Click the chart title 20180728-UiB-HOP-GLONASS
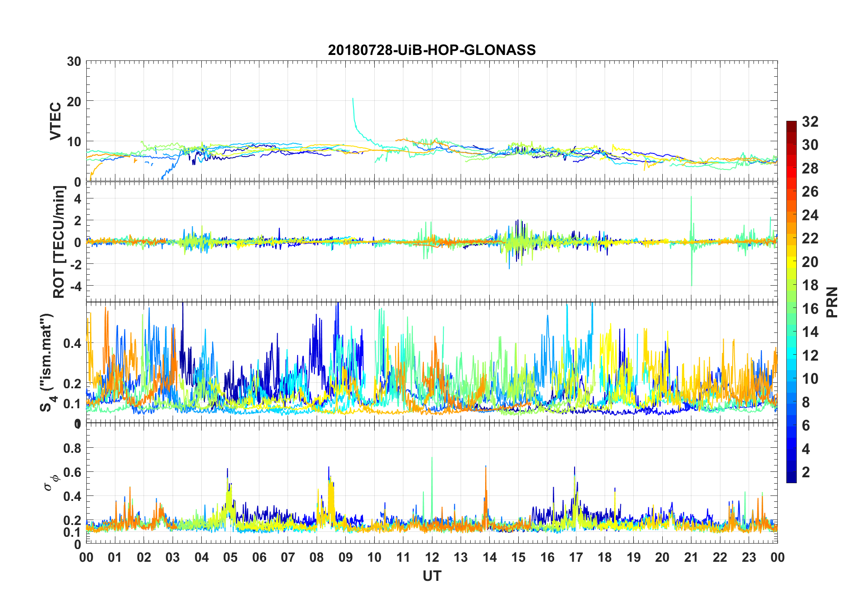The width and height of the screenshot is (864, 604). (432, 50)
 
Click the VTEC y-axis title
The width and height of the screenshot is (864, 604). (55, 121)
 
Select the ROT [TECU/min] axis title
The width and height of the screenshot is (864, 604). (59, 242)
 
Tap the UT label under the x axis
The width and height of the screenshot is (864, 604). (432, 576)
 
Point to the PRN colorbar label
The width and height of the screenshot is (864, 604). (832, 302)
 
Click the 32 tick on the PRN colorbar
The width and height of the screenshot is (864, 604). (810, 122)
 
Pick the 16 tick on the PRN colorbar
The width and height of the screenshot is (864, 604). (810, 309)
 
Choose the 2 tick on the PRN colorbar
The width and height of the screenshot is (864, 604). (806, 472)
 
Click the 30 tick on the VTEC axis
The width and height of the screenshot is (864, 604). (74, 62)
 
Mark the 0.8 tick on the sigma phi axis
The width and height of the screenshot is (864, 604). (73, 448)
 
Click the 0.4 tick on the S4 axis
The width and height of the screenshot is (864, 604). (73, 343)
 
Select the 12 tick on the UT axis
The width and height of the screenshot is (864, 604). (432, 557)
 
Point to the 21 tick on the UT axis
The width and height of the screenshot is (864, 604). (691, 557)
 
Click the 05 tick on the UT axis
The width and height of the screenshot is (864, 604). (230, 557)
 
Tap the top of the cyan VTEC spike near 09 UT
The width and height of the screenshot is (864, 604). (353, 98)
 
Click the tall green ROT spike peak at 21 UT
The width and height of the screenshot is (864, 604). (691, 197)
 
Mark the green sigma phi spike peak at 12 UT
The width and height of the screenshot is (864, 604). (432, 457)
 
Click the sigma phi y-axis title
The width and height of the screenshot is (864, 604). (51, 481)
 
